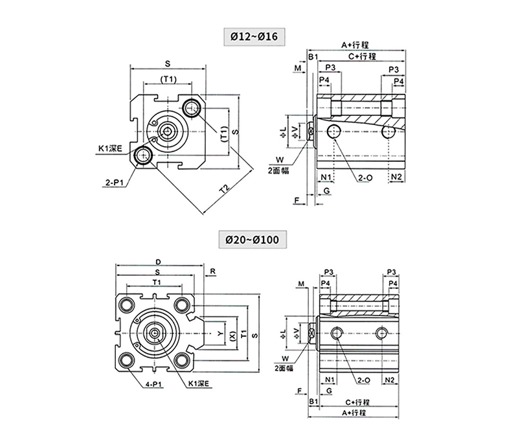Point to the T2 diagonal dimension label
pos(225,189)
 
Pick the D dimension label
pos(158,262)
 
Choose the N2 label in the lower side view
pos(390,379)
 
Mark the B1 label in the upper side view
pos(311,57)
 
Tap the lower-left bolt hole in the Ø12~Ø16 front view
pos(142,155)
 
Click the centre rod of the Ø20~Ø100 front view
pos(156,332)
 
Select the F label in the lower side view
pos(299,391)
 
